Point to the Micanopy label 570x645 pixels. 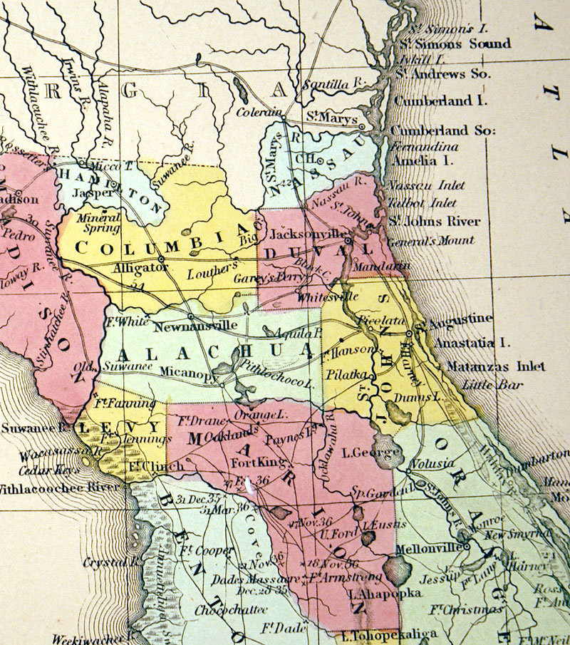click(188, 371)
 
